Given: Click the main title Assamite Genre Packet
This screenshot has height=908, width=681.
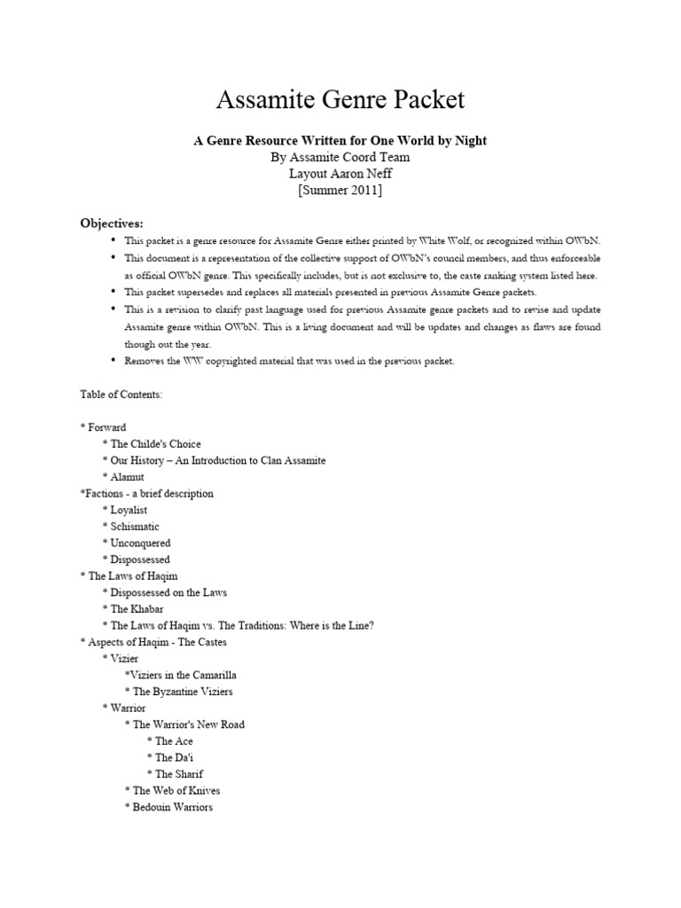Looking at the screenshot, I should pyautogui.click(x=340, y=99).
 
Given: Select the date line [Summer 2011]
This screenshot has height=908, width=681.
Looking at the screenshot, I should pyautogui.click(x=340, y=191).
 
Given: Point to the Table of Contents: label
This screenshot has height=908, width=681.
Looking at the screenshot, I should pyautogui.click(x=121, y=394).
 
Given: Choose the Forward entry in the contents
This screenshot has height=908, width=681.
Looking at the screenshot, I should pyautogui.click(x=103, y=427).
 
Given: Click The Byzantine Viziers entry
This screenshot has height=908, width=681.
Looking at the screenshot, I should pyautogui.click(x=183, y=692).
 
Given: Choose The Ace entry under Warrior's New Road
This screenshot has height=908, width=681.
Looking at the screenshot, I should pyautogui.click(x=174, y=741).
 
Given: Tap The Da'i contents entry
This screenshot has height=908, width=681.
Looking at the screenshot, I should pyautogui.click(x=174, y=757).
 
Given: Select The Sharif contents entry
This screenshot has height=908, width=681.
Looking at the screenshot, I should pyautogui.click(x=179, y=774).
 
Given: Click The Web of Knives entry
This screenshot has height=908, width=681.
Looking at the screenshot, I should pyautogui.click(x=176, y=791).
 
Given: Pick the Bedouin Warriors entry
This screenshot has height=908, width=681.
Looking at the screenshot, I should pyautogui.click(x=173, y=807).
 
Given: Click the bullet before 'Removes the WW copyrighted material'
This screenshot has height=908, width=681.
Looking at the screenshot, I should pyautogui.click(x=113, y=361).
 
